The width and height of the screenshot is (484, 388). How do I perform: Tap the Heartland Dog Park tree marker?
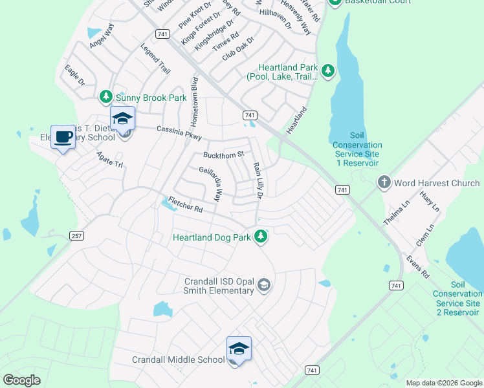pyautogui.click(x=261, y=237)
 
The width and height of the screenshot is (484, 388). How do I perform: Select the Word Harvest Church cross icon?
pyautogui.click(x=384, y=183)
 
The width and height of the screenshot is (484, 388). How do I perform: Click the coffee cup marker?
pyautogui.click(x=63, y=137)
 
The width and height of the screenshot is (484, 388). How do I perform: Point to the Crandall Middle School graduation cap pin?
pyautogui.click(x=238, y=349)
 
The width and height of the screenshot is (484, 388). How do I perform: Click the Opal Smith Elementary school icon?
pyautogui.click(x=263, y=285)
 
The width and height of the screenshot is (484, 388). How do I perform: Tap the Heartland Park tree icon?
pyautogui.click(x=328, y=70)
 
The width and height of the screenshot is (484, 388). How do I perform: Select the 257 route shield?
pyautogui.click(x=77, y=235)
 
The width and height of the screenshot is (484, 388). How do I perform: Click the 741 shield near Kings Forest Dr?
pyautogui.click(x=162, y=34)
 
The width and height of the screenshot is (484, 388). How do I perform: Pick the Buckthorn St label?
pyautogui.click(x=223, y=155)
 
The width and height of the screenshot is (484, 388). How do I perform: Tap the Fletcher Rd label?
pyautogui.click(x=186, y=205)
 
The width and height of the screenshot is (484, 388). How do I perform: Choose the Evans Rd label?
pyautogui.click(x=417, y=265)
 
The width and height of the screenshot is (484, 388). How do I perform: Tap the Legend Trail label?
pyautogui.click(x=155, y=58)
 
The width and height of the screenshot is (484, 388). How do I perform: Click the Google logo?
pyautogui.click(x=21, y=380)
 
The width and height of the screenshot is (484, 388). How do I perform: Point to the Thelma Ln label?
pyautogui.click(x=393, y=213)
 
